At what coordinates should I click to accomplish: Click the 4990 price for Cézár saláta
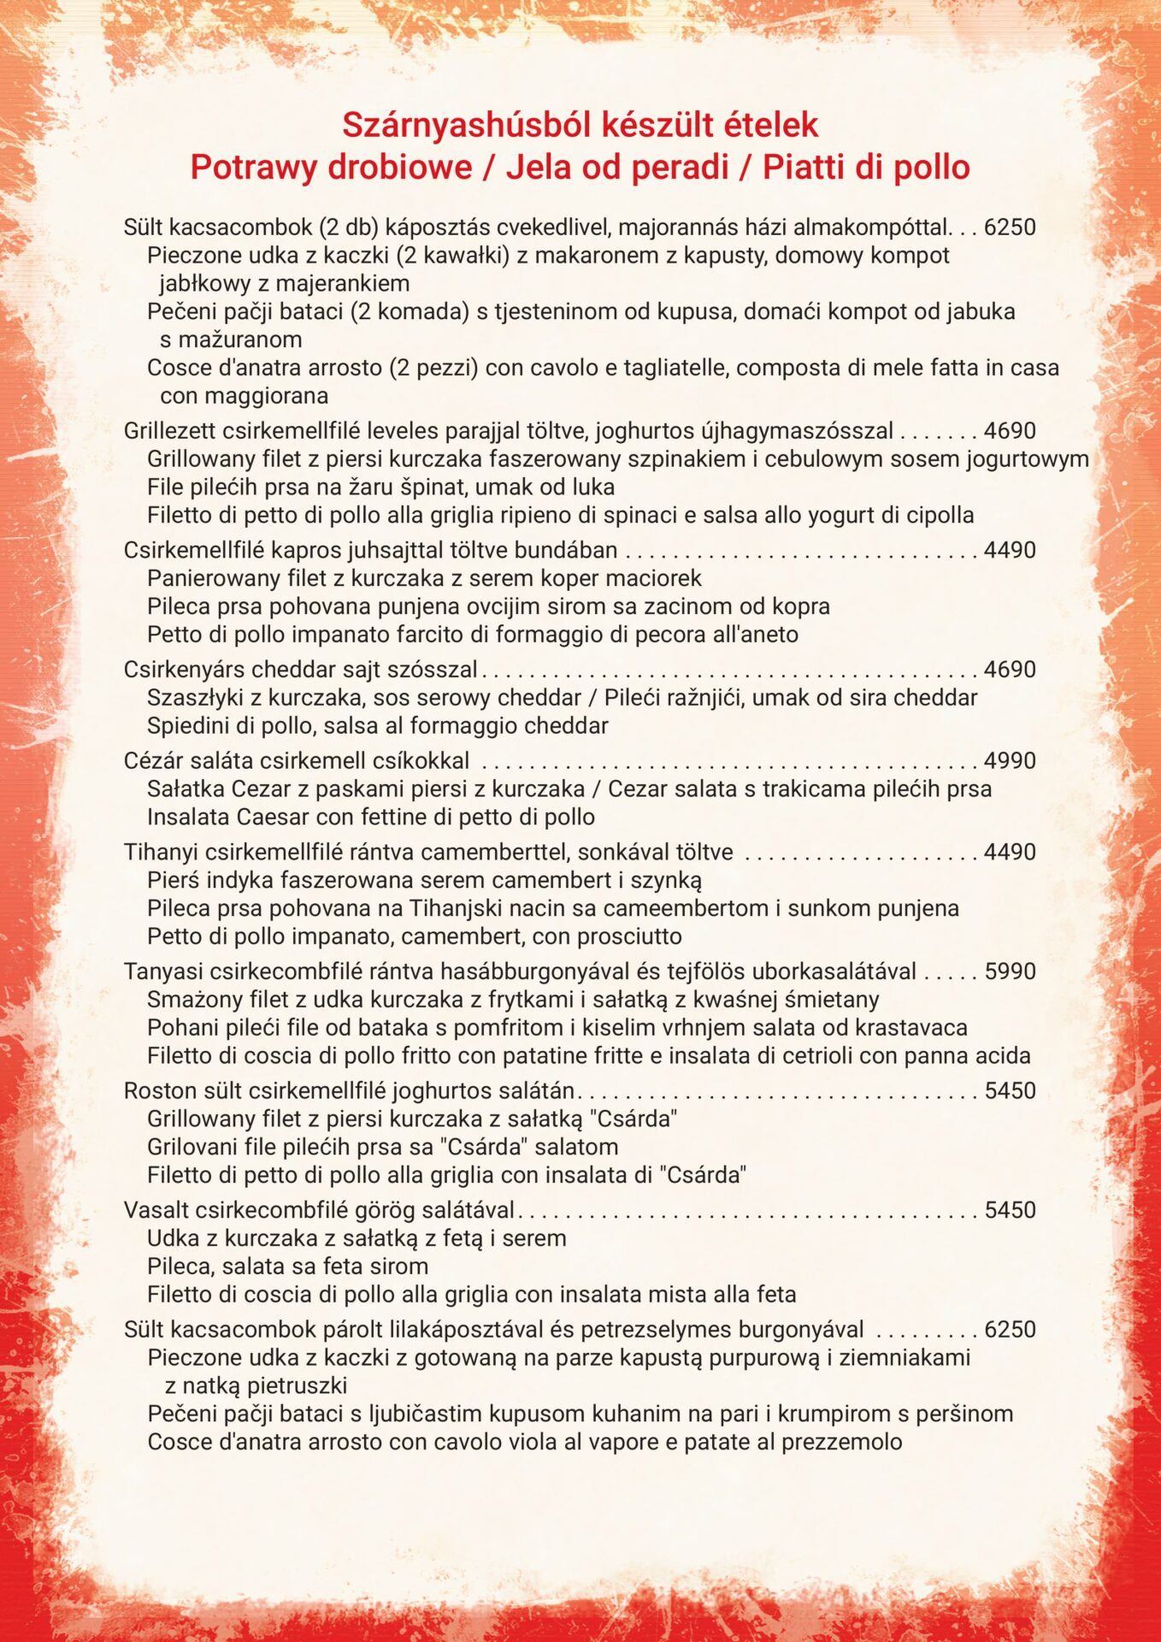click(x=1010, y=761)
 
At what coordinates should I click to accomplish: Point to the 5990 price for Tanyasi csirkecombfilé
click(x=1010, y=972)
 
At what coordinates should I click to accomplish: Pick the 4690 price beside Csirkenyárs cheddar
click(x=1010, y=670)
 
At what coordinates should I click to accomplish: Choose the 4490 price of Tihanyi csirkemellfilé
click(x=1010, y=853)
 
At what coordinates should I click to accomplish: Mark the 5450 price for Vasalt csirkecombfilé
click(x=1010, y=1211)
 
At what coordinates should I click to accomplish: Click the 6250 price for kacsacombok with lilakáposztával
click(x=1010, y=1330)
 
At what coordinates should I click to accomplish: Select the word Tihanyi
click(x=156, y=853)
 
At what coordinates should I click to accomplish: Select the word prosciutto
click(x=629, y=936)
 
